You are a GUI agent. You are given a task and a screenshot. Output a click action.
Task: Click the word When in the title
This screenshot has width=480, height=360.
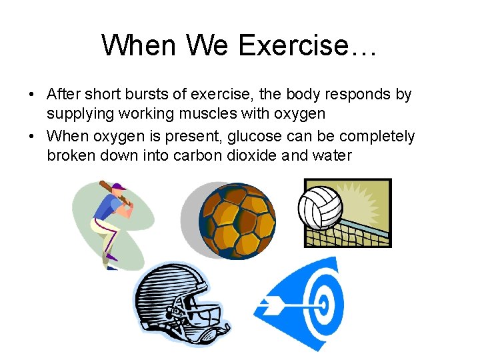131,45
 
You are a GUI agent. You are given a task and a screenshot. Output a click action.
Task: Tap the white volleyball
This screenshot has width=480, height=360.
320,206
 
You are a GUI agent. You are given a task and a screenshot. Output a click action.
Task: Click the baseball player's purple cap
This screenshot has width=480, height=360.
119,186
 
